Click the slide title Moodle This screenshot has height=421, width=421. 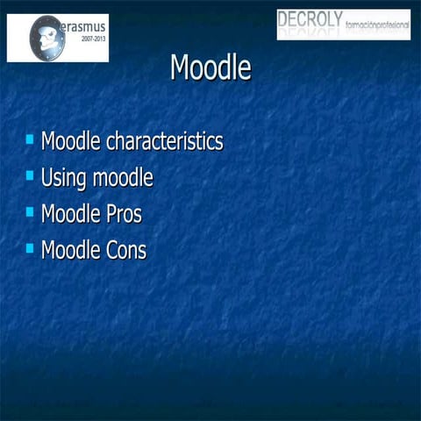(x=210, y=68)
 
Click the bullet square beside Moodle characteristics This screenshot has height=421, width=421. (x=31, y=139)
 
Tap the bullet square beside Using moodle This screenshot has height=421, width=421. (x=31, y=175)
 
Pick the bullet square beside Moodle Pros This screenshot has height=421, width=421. (x=31, y=211)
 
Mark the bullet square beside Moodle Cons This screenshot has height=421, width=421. (x=31, y=247)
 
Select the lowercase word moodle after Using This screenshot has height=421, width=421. (x=122, y=178)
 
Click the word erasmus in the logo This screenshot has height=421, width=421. (x=81, y=27)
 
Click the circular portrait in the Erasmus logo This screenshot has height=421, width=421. (x=46, y=38)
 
